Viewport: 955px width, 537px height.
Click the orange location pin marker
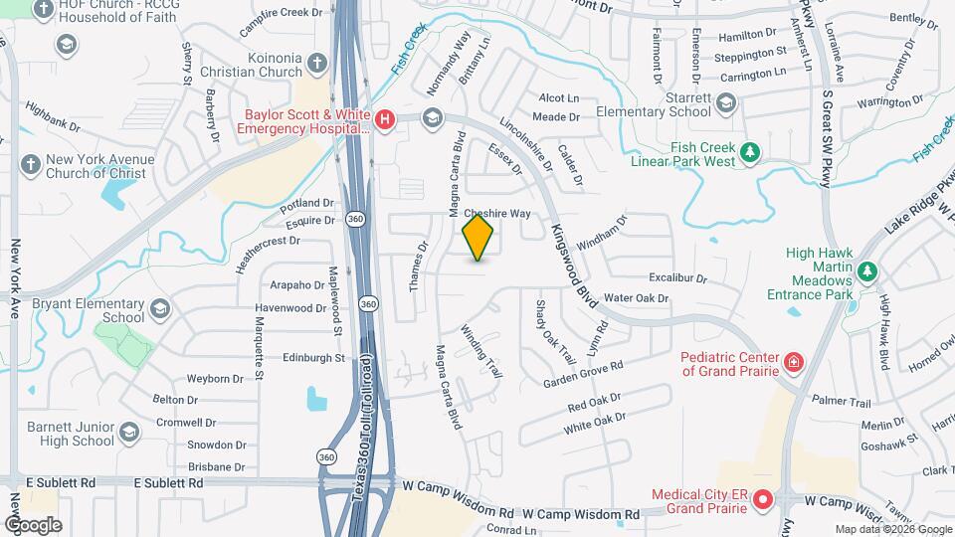click(x=478, y=238)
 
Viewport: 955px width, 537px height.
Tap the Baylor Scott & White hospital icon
click(x=385, y=121)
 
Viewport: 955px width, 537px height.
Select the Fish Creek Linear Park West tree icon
click(x=752, y=153)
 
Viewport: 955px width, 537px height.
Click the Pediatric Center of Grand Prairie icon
click(x=794, y=361)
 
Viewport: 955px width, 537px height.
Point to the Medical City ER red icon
click(x=763, y=500)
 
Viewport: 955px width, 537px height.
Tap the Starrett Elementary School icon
click(x=727, y=100)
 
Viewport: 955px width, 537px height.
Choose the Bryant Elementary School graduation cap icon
click(x=159, y=310)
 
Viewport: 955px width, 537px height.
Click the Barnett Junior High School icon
click(x=128, y=433)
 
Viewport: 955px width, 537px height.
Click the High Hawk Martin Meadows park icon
click(x=866, y=270)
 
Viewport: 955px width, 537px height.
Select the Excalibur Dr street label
click(x=676, y=279)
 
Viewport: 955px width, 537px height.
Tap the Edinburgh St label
click(x=313, y=357)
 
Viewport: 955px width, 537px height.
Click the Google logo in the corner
click(x=33, y=525)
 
